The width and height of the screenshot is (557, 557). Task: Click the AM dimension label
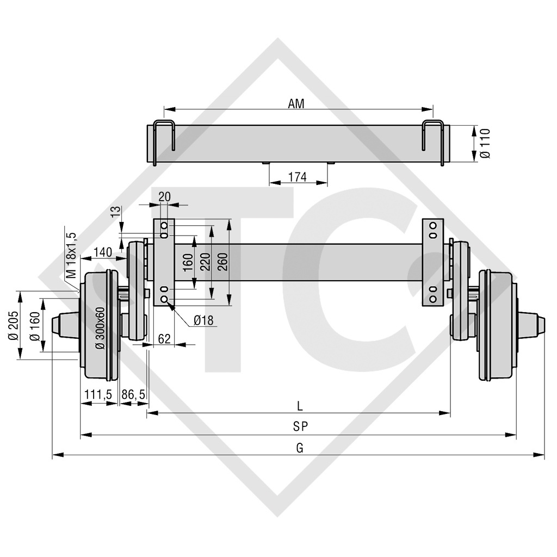(x=296, y=103)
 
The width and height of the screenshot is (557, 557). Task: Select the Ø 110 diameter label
(x=486, y=144)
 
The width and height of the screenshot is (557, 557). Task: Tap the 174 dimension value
(x=298, y=177)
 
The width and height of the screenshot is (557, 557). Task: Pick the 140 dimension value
(x=103, y=252)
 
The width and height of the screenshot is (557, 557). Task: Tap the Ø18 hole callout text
(x=203, y=320)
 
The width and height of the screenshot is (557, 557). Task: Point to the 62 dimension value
(x=164, y=338)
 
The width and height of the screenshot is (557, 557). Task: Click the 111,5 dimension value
(x=98, y=394)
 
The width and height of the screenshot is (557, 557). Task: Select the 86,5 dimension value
(x=134, y=394)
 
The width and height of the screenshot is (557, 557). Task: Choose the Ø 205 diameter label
(x=15, y=325)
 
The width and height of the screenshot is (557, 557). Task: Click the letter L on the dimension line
(x=299, y=405)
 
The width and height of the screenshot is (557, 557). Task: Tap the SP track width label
(x=300, y=427)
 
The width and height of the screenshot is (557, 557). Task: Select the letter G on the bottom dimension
(x=299, y=448)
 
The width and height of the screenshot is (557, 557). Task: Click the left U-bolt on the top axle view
(x=163, y=143)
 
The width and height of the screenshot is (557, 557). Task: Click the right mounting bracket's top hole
(x=434, y=225)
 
